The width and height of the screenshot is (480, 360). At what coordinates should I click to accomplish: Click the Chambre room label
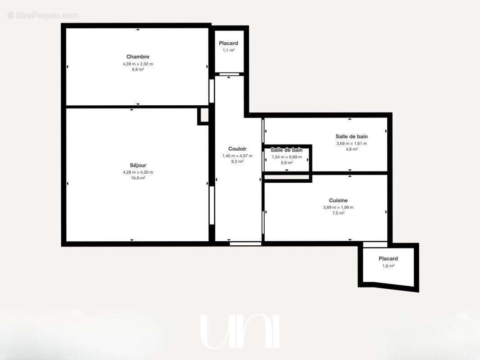coord(138,57)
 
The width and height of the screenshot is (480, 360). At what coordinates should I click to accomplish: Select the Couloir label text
coord(237,149)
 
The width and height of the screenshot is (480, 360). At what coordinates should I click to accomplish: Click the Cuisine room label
coord(338,200)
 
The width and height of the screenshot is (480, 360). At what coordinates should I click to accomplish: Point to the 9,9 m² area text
coord(138,70)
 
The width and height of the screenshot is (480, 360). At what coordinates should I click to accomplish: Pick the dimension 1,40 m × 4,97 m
coord(237,156)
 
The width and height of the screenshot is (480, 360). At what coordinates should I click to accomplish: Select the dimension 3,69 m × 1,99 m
coord(338,207)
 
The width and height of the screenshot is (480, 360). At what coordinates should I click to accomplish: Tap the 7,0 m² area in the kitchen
coord(338,213)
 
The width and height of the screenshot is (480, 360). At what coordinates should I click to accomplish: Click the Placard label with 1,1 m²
coord(229,43)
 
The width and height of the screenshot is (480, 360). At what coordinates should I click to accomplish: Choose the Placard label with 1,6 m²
coord(388,259)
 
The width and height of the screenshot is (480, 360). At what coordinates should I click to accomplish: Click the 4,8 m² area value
coord(352,149)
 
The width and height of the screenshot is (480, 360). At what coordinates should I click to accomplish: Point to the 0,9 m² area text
coord(286,162)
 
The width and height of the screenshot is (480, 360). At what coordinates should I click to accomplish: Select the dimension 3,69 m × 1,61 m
coord(352,144)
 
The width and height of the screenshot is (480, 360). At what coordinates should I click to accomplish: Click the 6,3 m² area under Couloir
coord(237,162)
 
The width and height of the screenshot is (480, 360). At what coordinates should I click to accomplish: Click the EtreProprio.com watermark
coord(43,15)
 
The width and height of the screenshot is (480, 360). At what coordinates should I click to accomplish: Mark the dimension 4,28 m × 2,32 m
coord(138,64)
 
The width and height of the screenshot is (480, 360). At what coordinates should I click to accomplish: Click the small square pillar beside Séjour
coord(204,115)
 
